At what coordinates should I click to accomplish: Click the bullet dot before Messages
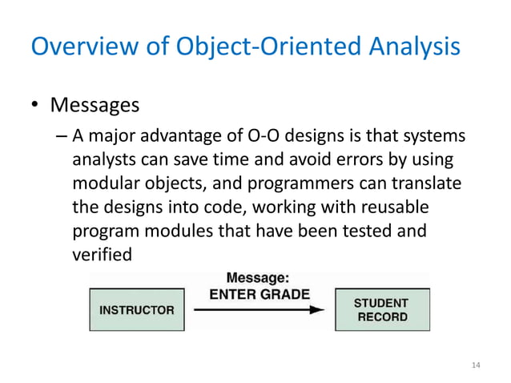(36, 106)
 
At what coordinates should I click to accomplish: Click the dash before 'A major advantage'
(62, 135)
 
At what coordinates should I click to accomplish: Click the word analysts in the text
(103, 159)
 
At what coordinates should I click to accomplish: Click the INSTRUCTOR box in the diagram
(136, 309)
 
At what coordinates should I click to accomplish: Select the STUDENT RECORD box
(381, 309)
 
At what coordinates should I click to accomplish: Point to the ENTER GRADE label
(260, 294)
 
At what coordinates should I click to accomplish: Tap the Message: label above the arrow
(258, 278)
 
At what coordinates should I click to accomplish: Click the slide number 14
(476, 365)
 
